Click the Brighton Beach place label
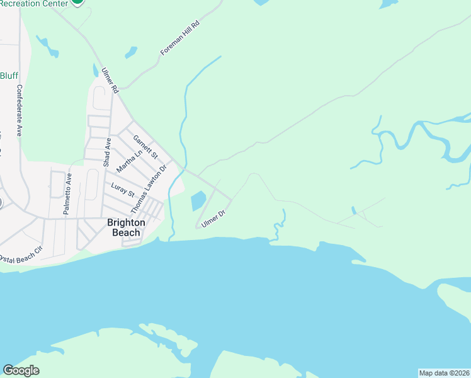[126, 227]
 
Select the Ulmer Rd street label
[111, 81]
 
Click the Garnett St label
[145, 146]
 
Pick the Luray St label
[123, 189]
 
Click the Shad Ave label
[108, 152]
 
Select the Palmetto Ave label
[67, 195]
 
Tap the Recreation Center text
[34, 3]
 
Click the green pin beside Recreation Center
[77, 2]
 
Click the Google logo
[21, 370]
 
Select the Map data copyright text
[444, 373]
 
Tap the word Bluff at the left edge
[9, 76]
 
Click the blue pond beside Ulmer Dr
[197, 201]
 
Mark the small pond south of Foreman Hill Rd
[130, 52]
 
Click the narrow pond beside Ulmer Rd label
[96, 71]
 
